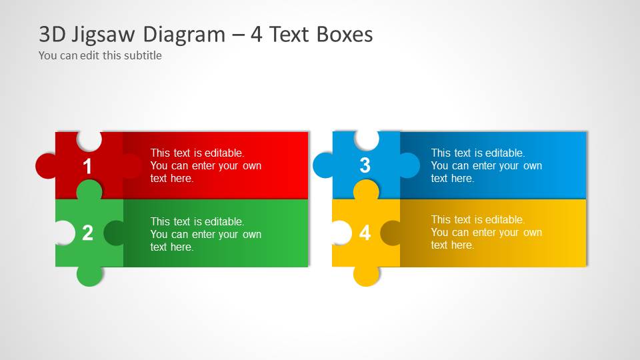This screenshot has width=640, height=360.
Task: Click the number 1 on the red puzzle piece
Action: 87,166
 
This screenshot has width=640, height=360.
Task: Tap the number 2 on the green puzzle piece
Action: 87,233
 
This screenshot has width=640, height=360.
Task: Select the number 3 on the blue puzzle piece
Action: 365,165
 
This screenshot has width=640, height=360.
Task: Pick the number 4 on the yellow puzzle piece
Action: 365,233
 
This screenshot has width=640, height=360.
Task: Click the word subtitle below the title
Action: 141,55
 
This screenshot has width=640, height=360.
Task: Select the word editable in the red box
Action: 223,153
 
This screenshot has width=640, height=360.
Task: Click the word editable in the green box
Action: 223,221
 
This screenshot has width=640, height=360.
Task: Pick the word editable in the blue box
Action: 504,153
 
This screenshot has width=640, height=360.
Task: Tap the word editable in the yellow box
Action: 504,219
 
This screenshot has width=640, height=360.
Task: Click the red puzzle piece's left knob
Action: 46,166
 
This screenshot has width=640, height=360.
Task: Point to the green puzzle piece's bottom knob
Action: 89,275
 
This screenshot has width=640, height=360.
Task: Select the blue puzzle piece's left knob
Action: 323,165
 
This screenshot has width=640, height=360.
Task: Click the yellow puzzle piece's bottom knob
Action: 366,275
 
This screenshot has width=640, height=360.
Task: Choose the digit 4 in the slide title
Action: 257,34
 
